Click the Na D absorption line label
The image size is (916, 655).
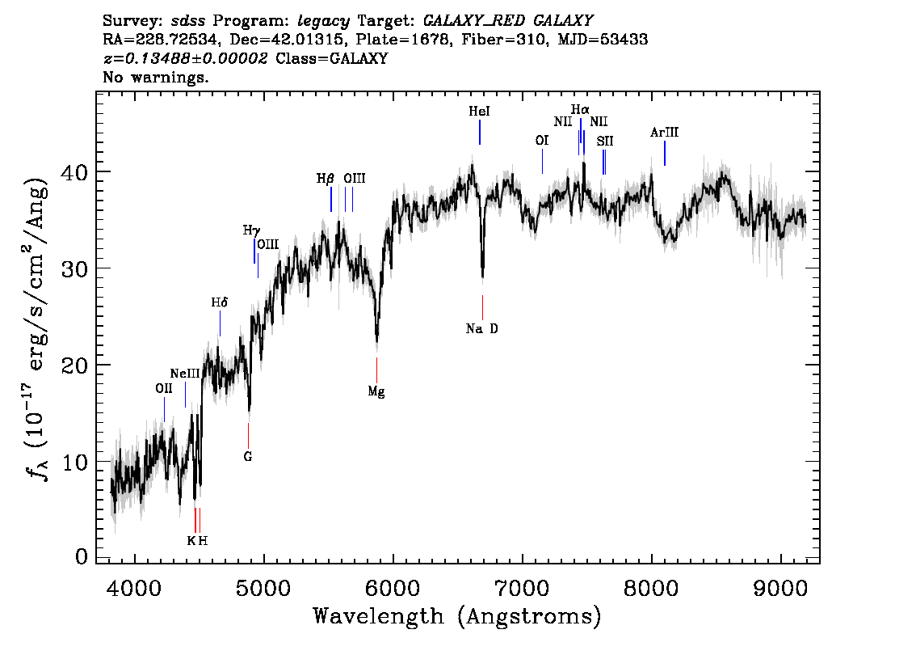point(482,328)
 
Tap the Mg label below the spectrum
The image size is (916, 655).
point(376,391)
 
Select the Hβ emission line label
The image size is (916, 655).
point(325,179)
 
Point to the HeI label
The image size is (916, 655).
point(479,112)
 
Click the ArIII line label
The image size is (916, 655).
point(664,133)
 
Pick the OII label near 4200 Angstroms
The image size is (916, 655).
point(164,388)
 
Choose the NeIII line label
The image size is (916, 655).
point(185,374)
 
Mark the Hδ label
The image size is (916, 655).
point(220,302)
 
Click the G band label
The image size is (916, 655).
point(248,456)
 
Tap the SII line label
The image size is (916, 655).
point(605,141)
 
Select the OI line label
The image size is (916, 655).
point(542,141)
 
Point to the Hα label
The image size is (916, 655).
point(580,109)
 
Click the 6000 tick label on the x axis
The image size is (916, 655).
point(393,584)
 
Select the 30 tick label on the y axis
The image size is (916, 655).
point(74,268)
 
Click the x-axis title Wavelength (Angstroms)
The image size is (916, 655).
point(457,616)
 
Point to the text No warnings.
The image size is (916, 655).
point(156,78)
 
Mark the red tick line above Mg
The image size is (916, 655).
point(376,367)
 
